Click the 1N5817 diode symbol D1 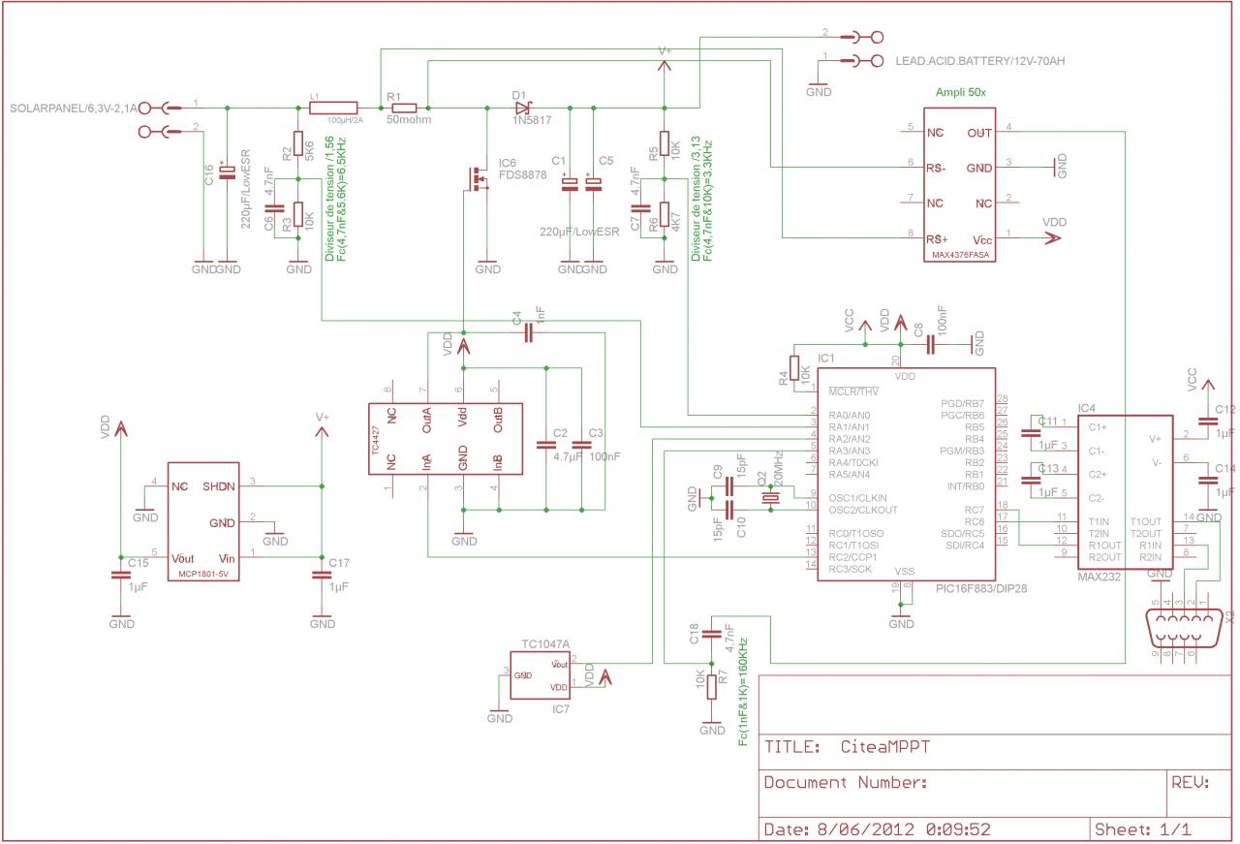point(520,108)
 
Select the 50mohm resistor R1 point(402,108)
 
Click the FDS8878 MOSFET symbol point(479,179)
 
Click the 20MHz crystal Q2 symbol point(770,499)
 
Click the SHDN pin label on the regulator point(219,486)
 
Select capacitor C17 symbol point(323,575)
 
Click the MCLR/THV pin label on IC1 point(853,391)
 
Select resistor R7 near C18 point(712,686)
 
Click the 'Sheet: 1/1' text point(1142,829)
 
